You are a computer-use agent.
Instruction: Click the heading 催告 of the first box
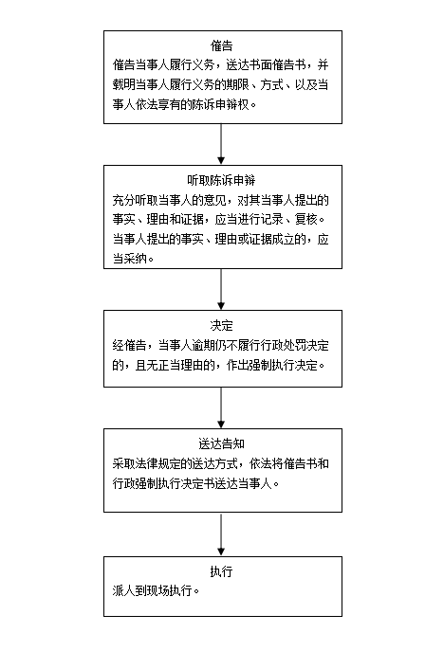[221, 45]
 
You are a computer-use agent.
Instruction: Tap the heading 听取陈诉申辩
[221, 180]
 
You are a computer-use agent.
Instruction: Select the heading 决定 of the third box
[221, 325]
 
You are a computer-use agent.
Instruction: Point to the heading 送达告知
[221, 443]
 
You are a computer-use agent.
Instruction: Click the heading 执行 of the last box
[221, 571]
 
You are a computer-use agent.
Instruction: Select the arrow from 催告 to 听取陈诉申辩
[221, 144]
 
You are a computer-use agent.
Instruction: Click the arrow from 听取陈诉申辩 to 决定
[221, 289]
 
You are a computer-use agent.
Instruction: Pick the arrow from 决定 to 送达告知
[221, 407]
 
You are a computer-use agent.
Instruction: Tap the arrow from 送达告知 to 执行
[221, 534]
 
